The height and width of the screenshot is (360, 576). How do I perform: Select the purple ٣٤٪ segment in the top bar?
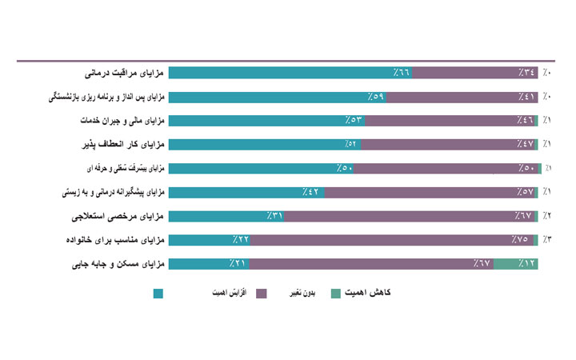pos(476,73)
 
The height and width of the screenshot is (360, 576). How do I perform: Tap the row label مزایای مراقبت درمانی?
pos(126,73)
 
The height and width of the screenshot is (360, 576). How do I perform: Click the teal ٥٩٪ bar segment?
pos(278,97)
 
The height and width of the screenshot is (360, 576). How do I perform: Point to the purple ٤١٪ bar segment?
pos(463,97)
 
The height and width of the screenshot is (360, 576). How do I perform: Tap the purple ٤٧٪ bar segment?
pos(448,145)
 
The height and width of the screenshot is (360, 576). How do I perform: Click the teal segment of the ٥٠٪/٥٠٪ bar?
pos(262,168)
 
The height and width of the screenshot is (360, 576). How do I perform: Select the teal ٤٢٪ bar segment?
pos(247,192)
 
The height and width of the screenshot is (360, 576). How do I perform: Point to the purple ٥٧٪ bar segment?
pos(432,192)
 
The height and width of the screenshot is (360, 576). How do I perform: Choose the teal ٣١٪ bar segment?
pos(227,216)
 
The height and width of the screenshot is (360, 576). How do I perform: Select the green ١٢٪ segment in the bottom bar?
pos(516,263)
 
